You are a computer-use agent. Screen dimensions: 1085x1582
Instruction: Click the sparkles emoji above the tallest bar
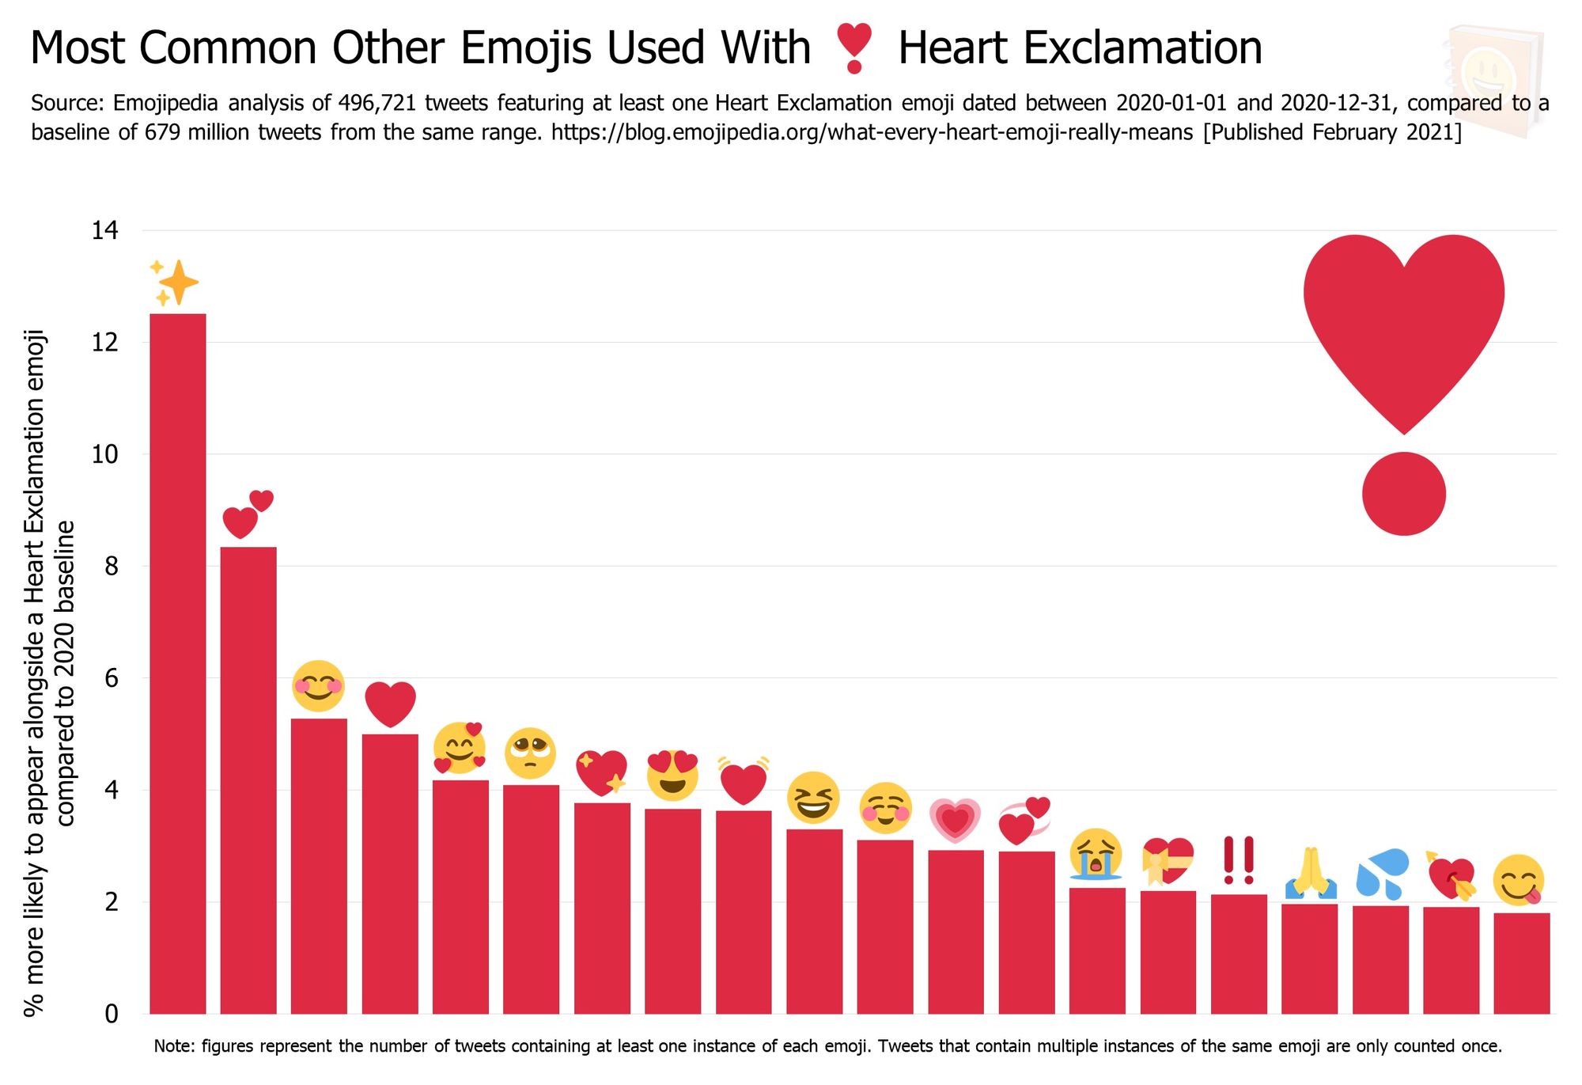coord(175,283)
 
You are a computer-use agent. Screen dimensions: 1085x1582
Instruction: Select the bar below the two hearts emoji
coord(248,780)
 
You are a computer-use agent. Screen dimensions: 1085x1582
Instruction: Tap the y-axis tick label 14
coord(104,231)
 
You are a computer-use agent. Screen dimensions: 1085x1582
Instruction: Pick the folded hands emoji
coord(1310,874)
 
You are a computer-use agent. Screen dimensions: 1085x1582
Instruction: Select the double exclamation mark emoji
coord(1238,861)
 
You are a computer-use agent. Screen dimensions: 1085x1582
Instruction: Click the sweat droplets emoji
coord(1381,875)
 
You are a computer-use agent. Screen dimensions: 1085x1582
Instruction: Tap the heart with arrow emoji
coord(1451,878)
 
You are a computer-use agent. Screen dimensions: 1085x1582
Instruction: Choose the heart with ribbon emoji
coord(1168,861)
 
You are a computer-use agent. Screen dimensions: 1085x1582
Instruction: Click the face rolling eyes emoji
coord(530,753)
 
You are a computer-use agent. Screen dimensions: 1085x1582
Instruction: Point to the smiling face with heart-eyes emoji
coord(672,775)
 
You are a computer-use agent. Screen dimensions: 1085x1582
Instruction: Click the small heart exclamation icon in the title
coord(854,48)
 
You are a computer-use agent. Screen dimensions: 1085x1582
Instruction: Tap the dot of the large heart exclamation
coord(1403,494)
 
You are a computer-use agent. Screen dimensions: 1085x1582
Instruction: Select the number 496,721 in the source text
coord(377,104)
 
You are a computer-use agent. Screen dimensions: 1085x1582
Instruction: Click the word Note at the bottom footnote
coord(172,1046)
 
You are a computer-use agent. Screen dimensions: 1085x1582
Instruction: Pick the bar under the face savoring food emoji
coord(1521,963)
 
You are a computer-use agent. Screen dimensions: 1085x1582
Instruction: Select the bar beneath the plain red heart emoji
coord(390,874)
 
